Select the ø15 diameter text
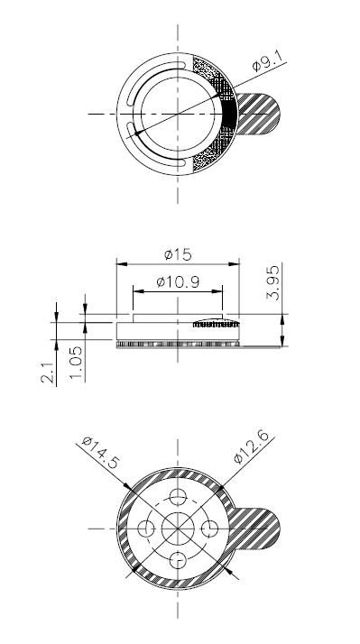177,254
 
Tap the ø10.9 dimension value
177,281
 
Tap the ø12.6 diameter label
253,448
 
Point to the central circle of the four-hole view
178,527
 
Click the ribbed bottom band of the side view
178,344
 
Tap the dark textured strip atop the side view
209,322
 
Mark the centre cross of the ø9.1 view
178,115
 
